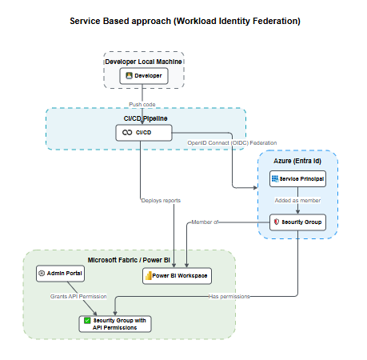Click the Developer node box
pos(144,76)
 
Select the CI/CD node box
pos(144,133)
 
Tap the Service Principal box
pos(297,179)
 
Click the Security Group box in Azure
pos(297,222)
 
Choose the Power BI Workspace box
pos(177,276)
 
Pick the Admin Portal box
pos(60,274)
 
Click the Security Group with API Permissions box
pos(115,324)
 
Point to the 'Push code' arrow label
pos(142,105)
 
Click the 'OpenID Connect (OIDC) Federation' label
pos(232,143)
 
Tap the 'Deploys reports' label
pos(161,201)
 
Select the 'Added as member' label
pos(297,201)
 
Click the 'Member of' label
pos(205,222)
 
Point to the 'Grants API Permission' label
pos(78,297)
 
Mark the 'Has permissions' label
pos(229,297)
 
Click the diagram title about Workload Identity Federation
pos(185,21)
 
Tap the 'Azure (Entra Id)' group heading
pos(297,161)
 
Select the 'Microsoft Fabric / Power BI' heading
pos(129,260)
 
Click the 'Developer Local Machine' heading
pos(143,62)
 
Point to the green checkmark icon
pos(87,321)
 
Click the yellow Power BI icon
pos(149,276)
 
